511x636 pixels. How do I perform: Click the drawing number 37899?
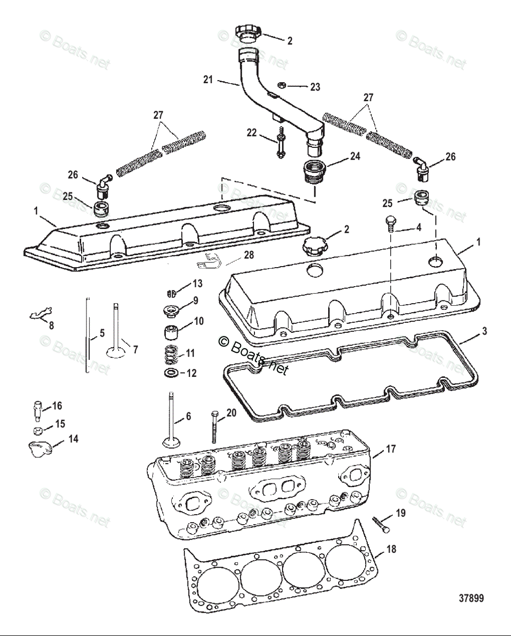pyautogui.click(x=471, y=598)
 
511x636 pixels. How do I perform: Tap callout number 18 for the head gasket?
pyautogui.click(x=391, y=550)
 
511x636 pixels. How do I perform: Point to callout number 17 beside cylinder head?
pyautogui.click(x=390, y=449)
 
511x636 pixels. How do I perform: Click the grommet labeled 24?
pyautogui.click(x=313, y=171)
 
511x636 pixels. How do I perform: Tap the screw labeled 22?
pyautogui.click(x=280, y=143)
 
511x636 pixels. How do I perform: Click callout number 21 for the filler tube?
pyautogui.click(x=208, y=80)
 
